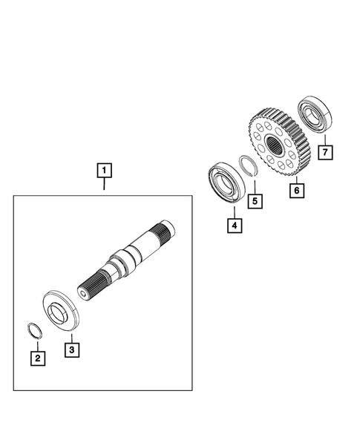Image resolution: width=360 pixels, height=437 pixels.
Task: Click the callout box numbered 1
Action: pos(105,171)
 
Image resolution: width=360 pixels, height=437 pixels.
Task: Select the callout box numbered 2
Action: pos(37,358)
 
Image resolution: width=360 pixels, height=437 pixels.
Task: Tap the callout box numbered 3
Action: pos(71,347)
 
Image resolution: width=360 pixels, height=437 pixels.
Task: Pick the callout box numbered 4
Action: pos(233,226)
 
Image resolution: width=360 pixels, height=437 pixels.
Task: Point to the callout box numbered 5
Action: pos(255,200)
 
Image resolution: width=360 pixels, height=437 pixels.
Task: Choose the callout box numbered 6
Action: pos(295,191)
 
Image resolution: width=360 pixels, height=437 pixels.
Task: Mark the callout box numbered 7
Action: pos(324,153)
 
